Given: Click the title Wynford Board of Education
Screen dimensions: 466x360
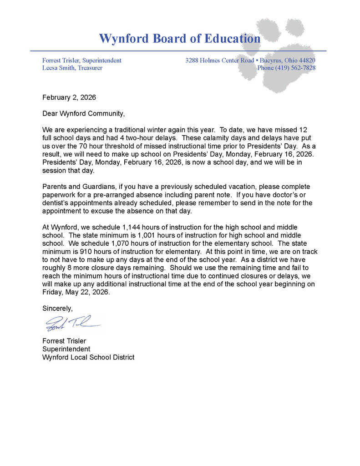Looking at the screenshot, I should (180, 38).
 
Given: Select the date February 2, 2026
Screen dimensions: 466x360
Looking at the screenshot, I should (69, 97).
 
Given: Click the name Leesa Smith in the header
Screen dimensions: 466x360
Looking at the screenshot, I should (59, 68).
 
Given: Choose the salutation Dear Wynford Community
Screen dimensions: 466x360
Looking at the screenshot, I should (83, 113).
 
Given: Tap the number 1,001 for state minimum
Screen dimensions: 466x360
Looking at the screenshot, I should (148, 235).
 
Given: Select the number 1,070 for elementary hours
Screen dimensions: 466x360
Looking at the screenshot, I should (123, 243).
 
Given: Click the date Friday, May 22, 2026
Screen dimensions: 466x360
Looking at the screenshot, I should (76, 292).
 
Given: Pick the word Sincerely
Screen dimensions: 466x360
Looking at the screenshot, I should (57, 308).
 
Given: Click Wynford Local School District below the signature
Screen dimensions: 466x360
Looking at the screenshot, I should (88, 357).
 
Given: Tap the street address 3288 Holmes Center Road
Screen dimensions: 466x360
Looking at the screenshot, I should (220, 60).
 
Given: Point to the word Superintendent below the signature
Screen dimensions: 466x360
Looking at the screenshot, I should (66, 349).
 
